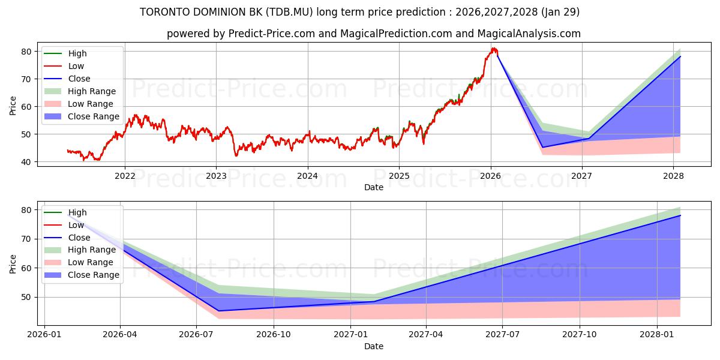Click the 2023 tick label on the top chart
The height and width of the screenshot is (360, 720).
(216, 176)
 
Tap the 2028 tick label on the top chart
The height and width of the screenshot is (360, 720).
(673, 176)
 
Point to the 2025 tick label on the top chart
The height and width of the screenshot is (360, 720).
(399, 176)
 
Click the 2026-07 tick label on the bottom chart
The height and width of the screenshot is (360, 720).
(197, 335)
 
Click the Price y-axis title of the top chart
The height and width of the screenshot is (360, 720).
(13, 106)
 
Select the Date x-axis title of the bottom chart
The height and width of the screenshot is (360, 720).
(373, 346)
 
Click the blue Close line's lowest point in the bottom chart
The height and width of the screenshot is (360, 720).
(218, 311)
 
